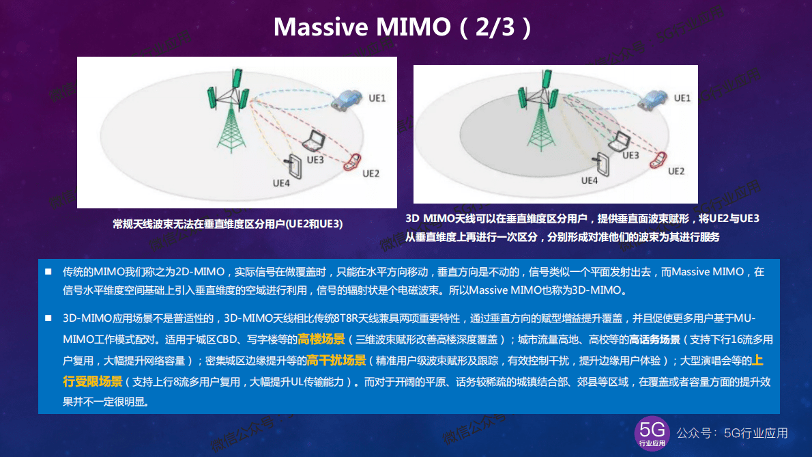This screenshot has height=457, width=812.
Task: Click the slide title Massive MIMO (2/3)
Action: [403, 27]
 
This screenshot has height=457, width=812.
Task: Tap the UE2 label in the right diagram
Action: [676, 171]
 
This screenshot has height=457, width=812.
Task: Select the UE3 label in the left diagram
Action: [315, 160]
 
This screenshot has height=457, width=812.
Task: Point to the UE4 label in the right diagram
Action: [590, 180]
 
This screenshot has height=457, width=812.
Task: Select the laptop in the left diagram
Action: [315, 141]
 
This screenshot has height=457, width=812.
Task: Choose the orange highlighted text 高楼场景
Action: [321, 340]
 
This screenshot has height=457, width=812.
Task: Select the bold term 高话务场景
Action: [655, 340]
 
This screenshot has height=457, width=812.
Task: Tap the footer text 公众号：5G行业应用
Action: [731, 433]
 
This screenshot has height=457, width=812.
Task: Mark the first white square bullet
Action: [48, 272]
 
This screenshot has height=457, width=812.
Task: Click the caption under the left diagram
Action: [228, 223]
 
